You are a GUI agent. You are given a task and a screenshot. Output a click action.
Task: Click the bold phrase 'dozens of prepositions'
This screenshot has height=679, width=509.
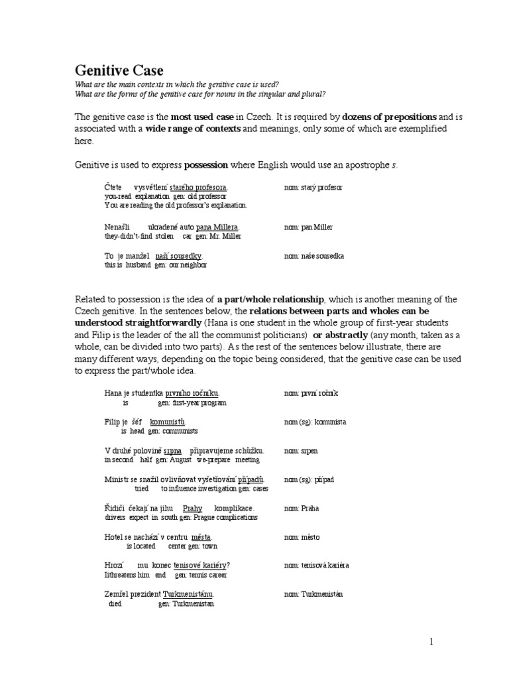(390, 117)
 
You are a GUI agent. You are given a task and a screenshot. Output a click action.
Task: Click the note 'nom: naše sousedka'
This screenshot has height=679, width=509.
(314, 255)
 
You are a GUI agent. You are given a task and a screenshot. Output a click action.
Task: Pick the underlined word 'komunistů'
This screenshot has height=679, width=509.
(168, 421)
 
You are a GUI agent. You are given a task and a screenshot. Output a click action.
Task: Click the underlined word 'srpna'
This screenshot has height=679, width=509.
(173, 450)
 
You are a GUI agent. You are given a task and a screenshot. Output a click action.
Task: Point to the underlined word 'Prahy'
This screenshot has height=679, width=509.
(192, 508)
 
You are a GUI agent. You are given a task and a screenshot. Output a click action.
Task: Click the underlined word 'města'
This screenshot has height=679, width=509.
(202, 536)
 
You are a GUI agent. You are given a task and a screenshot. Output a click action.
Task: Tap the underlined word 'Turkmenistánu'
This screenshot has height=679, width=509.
(188, 594)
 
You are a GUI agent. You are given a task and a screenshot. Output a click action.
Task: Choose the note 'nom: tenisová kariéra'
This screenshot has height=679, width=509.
(316, 565)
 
